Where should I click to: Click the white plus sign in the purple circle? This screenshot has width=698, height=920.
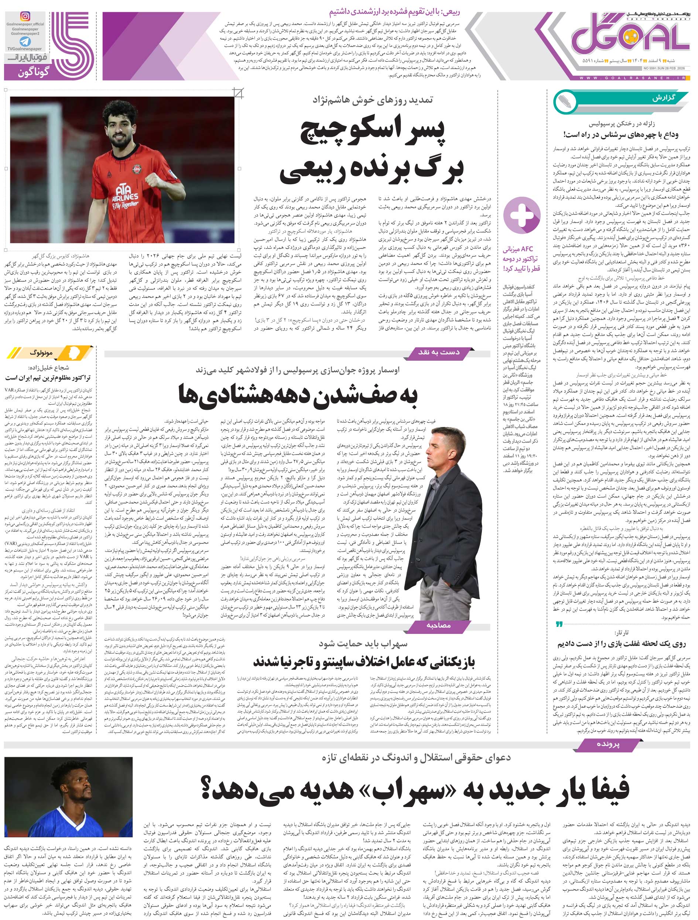tap(521, 216)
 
